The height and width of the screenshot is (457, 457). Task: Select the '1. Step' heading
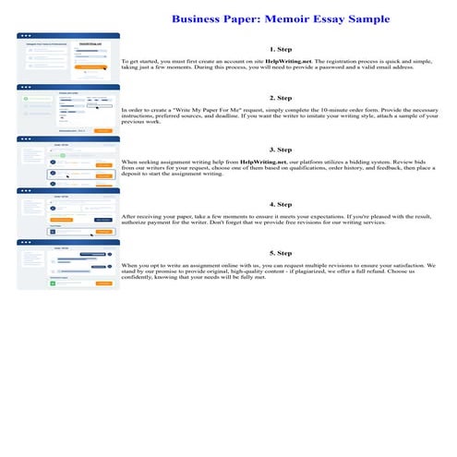(x=280, y=48)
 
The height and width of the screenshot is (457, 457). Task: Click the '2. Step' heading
(x=280, y=97)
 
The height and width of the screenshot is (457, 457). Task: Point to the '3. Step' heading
(x=280, y=148)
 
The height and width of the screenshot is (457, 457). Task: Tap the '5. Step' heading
(x=280, y=252)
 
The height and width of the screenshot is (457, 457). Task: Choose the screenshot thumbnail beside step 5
(x=68, y=264)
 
